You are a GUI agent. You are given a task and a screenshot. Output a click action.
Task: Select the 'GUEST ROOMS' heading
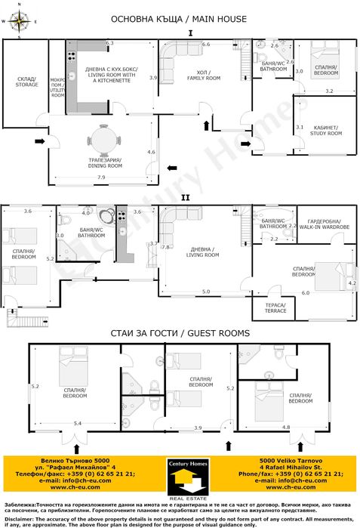coord(219,332)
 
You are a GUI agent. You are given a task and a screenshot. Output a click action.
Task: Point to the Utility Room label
coord(57,87)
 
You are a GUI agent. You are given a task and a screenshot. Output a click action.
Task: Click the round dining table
coord(103,140)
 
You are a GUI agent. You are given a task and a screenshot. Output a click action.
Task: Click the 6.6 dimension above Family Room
coord(205,45)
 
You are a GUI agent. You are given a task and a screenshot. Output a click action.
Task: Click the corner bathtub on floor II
coord(115,220)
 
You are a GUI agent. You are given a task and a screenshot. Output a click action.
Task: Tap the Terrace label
coord(275,307)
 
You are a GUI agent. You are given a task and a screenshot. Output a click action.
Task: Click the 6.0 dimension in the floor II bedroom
coord(306,292)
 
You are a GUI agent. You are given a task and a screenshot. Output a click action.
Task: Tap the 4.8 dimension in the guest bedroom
coord(286,428)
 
